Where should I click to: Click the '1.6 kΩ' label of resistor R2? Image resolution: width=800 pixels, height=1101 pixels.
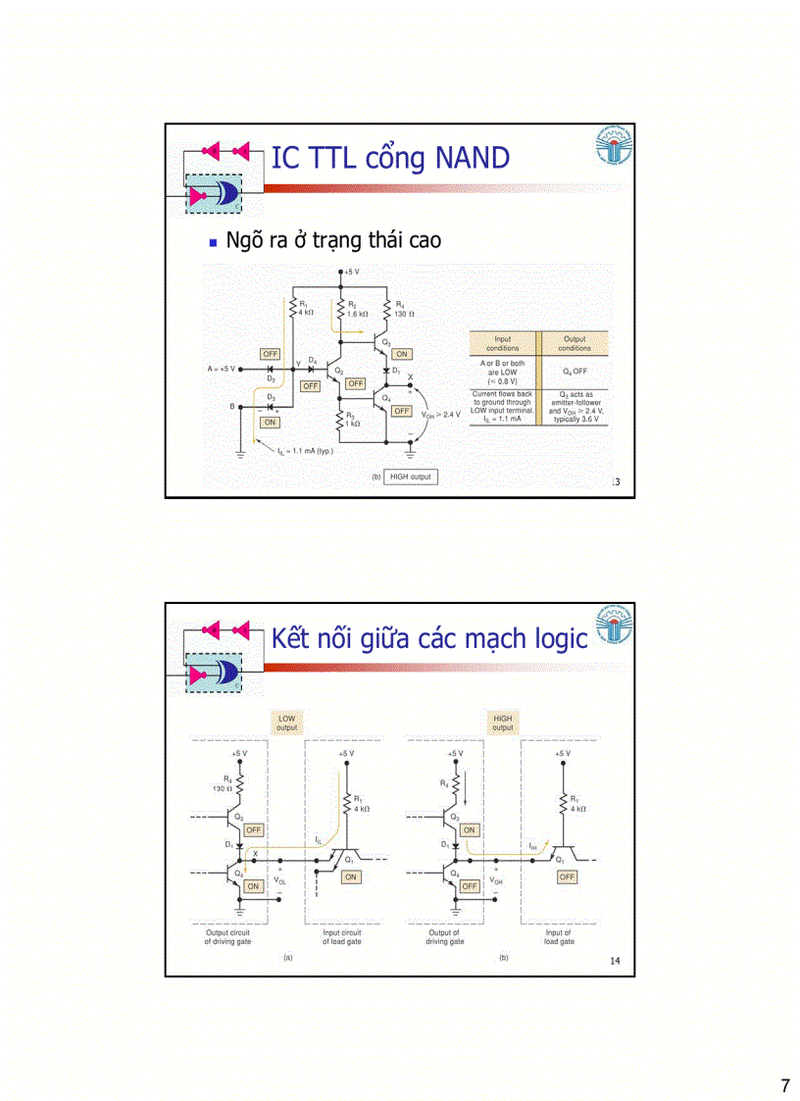coord(357,314)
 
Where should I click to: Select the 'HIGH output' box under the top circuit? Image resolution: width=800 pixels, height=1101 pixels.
coord(409,476)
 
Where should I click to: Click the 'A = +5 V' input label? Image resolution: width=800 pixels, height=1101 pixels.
coord(222,369)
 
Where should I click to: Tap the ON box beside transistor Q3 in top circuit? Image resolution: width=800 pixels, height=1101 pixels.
coord(402,354)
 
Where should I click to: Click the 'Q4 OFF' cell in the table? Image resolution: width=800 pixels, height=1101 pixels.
coord(575,372)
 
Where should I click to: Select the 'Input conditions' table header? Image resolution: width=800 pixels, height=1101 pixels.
coord(502,343)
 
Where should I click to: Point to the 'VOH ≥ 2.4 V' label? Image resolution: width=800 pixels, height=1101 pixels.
coord(440,415)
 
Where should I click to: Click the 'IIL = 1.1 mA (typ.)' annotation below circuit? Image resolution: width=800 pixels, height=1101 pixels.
coord(302,451)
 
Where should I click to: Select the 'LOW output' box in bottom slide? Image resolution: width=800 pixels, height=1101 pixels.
coord(286,723)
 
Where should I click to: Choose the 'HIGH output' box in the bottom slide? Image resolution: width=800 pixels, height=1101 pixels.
coord(502,723)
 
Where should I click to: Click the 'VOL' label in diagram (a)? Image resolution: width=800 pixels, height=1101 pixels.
coord(281,881)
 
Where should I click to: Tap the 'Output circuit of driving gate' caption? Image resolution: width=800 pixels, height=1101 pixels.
coord(227,936)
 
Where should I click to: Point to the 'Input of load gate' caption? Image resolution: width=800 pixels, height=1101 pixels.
coord(559,936)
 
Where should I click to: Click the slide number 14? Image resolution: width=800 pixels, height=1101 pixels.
coord(615,961)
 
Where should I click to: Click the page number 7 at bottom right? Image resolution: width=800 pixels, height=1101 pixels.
coord(784,1085)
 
